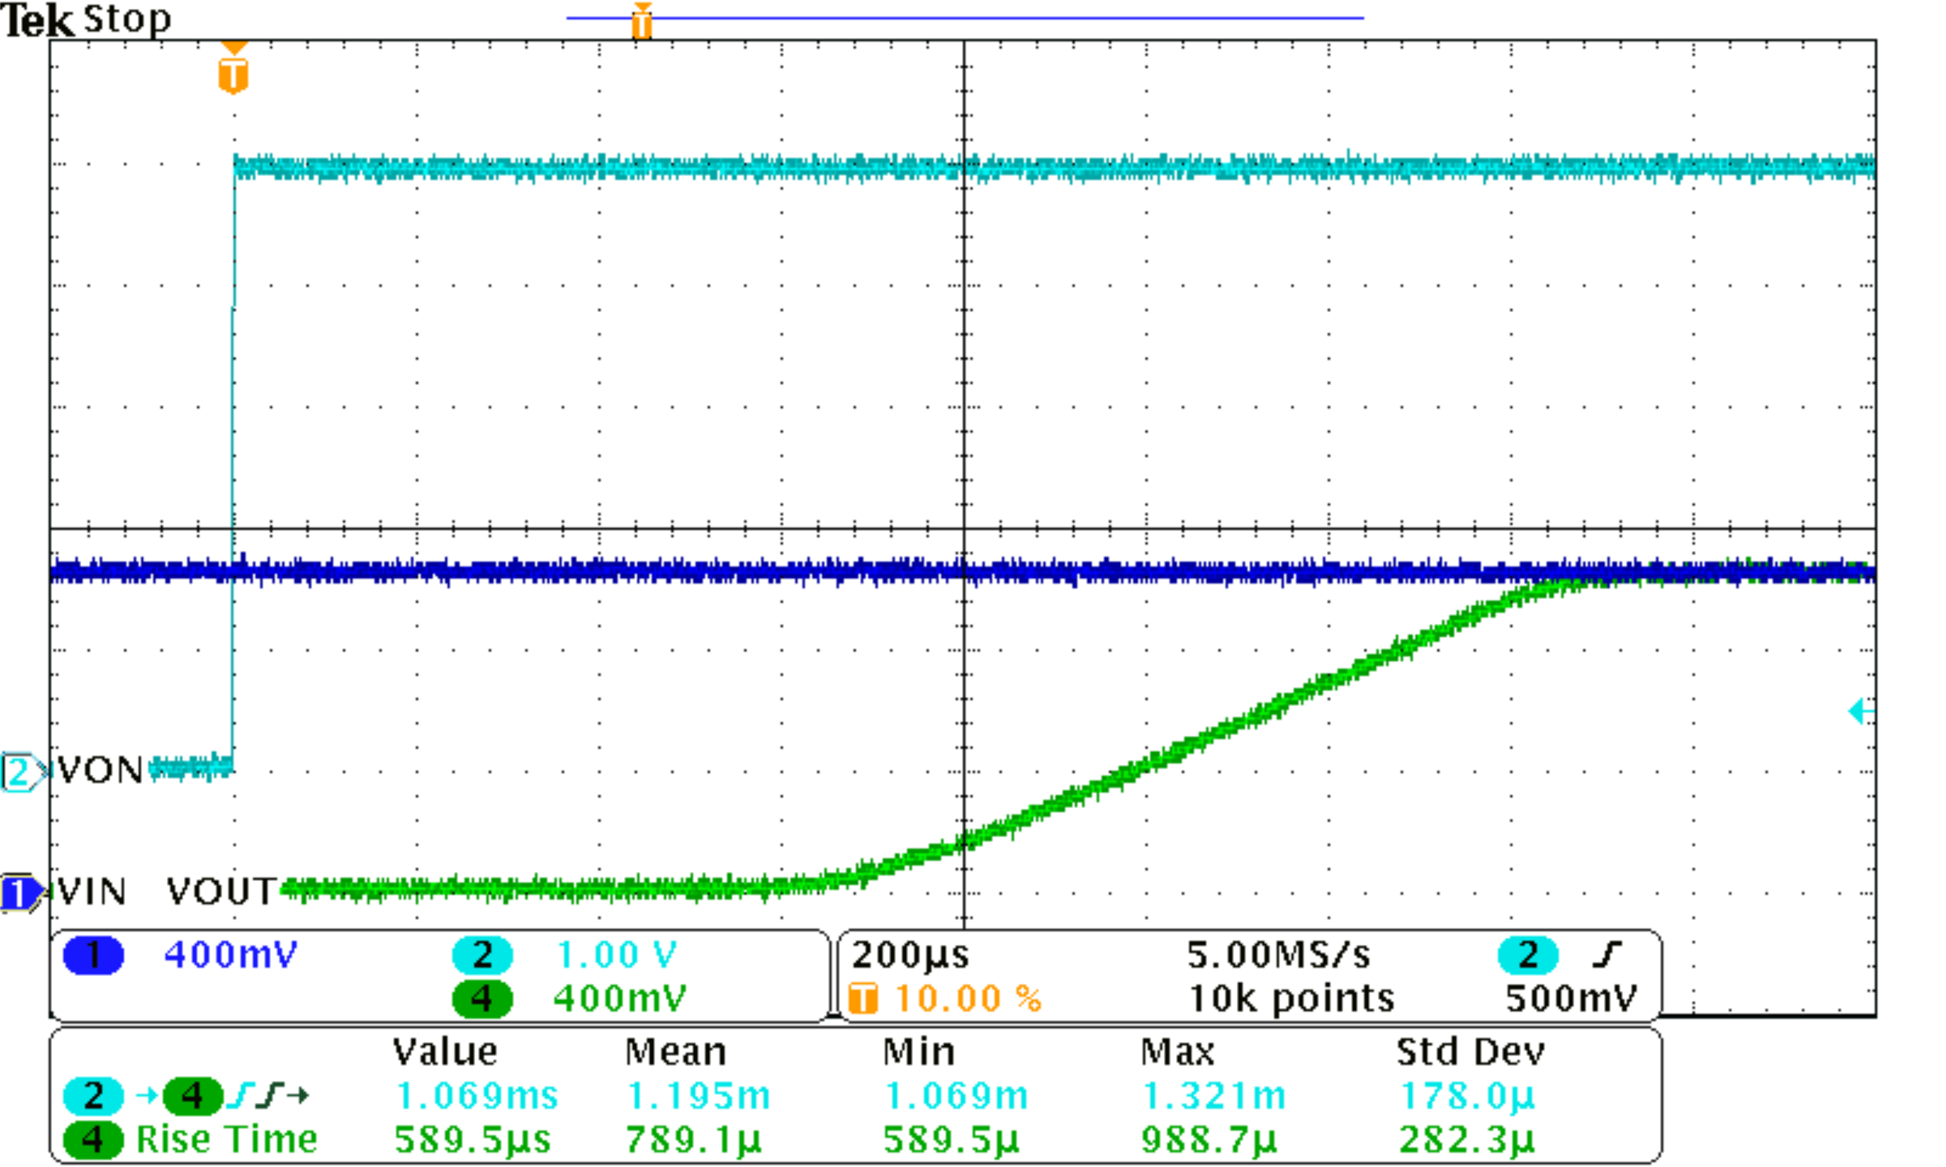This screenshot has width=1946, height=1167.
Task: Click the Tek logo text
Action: coord(38,20)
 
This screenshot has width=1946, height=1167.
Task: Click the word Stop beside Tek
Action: coord(127,19)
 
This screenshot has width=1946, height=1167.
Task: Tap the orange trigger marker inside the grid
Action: coord(233,72)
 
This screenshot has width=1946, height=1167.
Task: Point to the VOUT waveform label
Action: coord(221,892)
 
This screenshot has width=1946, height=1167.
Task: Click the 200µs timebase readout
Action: coord(910,955)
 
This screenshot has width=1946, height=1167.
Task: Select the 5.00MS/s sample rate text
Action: coord(1278,955)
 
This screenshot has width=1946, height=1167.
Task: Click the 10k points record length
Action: coord(1291,999)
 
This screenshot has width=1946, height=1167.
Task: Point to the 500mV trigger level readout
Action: coord(1571,999)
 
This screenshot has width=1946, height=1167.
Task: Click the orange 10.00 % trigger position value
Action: coord(968,999)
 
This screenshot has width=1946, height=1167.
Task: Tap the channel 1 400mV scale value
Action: coord(231,955)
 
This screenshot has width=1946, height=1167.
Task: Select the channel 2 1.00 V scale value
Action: coord(616,955)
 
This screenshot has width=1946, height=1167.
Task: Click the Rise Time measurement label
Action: coord(226,1140)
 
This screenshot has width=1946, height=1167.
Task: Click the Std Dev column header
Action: coord(1470,1052)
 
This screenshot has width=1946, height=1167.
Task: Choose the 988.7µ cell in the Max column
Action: coord(1209,1140)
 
